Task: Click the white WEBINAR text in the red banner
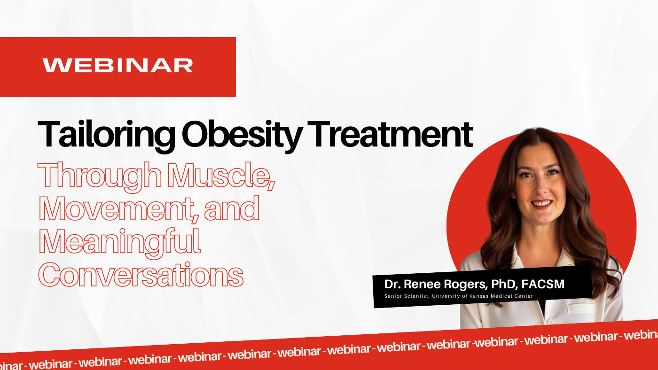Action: coord(118,66)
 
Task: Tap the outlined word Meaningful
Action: coord(119,242)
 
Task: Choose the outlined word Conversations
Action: coord(141,274)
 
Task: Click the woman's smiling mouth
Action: coord(541,204)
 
